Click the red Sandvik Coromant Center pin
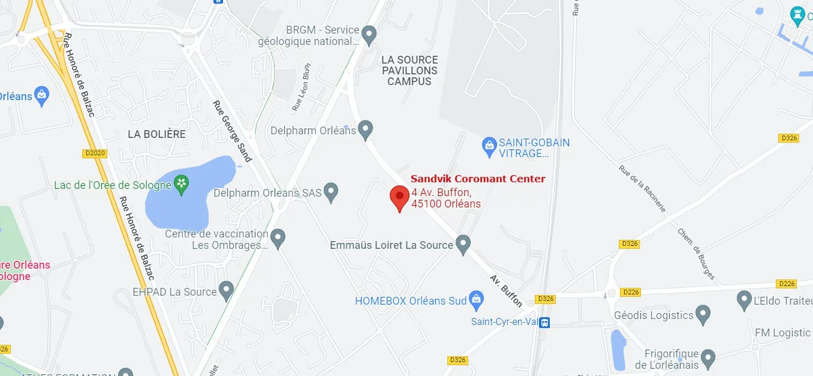click(399, 197)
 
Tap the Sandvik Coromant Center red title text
click(478, 179)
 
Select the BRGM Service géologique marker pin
click(369, 34)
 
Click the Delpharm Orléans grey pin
click(365, 129)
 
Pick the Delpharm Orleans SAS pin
click(331, 192)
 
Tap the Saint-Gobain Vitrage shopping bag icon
click(489, 146)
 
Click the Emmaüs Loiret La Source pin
click(462, 244)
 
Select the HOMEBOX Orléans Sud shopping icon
click(476, 299)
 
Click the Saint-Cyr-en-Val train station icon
click(544, 322)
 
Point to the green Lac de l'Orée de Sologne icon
click(181, 184)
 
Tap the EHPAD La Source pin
click(225, 291)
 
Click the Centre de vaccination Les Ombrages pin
click(277, 238)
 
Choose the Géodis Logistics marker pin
click(703, 314)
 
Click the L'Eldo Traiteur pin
click(744, 298)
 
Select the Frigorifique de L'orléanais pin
click(708, 359)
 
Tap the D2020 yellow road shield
click(95, 154)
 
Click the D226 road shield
click(631, 292)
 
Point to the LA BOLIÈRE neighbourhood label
click(156, 134)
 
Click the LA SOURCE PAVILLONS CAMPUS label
click(409, 70)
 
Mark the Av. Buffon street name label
click(506, 290)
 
